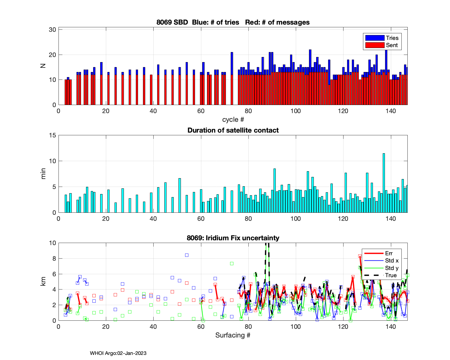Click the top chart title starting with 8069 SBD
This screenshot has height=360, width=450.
(x=233, y=22)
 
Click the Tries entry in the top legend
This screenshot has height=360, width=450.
(x=392, y=38)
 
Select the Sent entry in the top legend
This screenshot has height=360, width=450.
(x=391, y=45)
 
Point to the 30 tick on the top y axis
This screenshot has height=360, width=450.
(x=52, y=30)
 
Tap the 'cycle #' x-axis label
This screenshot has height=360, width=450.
(x=233, y=119)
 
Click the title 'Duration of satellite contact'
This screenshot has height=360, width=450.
(x=233, y=130)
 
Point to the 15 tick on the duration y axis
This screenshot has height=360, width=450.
(x=52, y=135)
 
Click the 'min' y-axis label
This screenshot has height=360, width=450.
(x=43, y=174)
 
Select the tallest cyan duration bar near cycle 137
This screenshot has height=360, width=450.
(x=384, y=183)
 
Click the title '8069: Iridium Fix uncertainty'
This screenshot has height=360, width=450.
(x=233, y=238)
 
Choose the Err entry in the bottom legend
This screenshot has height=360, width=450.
(x=389, y=253)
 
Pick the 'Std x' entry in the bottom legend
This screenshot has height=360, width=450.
(x=392, y=261)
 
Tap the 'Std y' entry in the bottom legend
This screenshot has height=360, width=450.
(x=392, y=268)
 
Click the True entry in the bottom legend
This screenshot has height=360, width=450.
(x=391, y=275)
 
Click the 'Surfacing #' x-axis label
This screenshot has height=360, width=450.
(x=233, y=335)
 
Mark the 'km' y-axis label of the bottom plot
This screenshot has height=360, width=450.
(x=43, y=281)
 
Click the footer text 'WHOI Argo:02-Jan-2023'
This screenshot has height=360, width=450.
(x=118, y=353)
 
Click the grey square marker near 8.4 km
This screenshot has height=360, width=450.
(x=187, y=255)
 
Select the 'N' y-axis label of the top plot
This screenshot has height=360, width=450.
(x=43, y=66)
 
